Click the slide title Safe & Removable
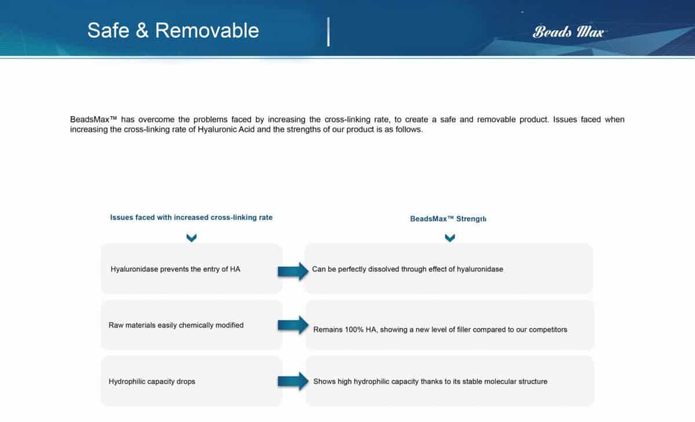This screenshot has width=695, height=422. point(173,30)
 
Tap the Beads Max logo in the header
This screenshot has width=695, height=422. point(568,31)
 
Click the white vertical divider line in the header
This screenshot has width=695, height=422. point(328,32)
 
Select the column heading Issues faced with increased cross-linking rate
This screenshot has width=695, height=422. point(191,218)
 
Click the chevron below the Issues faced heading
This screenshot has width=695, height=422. point(192,238)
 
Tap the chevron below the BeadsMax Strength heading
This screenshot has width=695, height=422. point(449,238)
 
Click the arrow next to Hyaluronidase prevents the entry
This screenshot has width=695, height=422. point(293,270)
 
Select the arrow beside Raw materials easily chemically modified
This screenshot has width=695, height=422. point(293,325)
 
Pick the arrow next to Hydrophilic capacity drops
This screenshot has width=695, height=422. point(293,381)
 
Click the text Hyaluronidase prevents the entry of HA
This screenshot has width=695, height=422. point(175,269)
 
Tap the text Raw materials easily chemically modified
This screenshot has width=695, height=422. point(176,325)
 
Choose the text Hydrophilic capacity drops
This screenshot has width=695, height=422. point(152,381)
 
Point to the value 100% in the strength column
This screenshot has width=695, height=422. point(354,329)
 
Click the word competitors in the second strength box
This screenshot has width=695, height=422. point(547,329)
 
